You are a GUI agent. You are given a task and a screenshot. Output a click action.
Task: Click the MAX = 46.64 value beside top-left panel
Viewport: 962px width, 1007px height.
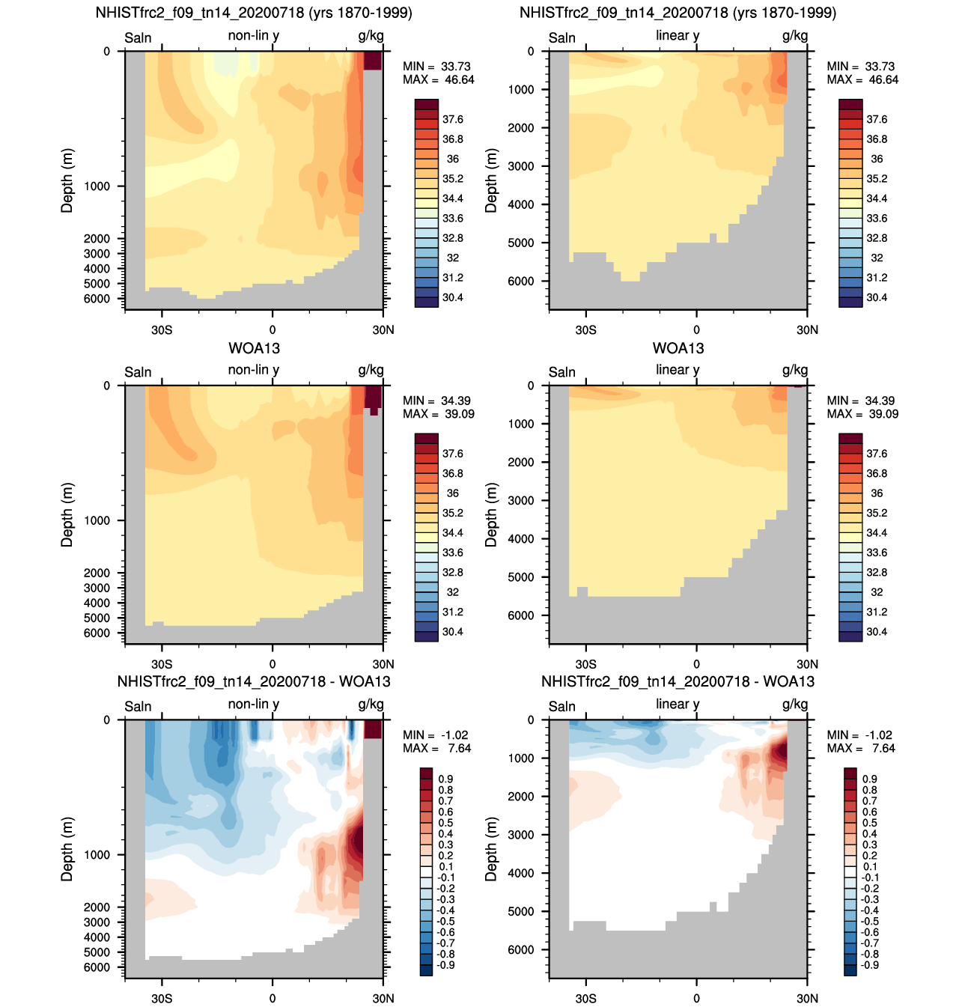pyautogui.click(x=438, y=79)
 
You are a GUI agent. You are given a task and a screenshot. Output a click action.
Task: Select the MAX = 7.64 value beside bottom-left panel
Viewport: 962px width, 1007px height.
pyautogui.click(x=436, y=748)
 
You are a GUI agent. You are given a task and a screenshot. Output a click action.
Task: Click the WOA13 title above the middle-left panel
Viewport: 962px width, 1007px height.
pyautogui.click(x=254, y=348)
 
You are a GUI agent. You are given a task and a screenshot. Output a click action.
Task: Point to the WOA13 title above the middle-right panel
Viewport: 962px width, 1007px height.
pyautogui.click(x=678, y=348)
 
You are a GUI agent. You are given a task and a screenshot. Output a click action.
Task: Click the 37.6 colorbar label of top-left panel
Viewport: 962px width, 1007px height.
pyautogui.click(x=452, y=120)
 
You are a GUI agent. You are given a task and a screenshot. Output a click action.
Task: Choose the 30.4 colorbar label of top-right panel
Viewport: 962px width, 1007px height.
pyautogui.click(x=877, y=297)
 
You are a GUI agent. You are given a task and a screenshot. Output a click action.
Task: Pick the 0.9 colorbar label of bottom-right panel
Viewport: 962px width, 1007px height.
pyautogui.click(x=869, y=779)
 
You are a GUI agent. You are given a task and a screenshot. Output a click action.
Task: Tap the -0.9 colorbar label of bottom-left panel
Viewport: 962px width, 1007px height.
pyautogui.click(x=445, y=965)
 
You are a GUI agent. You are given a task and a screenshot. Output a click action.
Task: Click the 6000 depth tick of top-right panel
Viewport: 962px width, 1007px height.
pyautogui.click(x=520, y=281)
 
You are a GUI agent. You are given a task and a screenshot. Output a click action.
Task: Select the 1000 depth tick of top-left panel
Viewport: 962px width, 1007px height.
pyautogui.click(x=97, y=186)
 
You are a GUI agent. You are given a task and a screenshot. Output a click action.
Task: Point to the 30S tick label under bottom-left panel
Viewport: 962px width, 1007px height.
pyautogui.click(x=162, y=999)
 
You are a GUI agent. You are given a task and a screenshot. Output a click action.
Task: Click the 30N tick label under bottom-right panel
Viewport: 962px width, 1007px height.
pyautogui.click(x=807, y=999)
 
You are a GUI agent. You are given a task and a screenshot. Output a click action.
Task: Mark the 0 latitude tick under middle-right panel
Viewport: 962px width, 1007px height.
pyautogui.click(x=696, y=664)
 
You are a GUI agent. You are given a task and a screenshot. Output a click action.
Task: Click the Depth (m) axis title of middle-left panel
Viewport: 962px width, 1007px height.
pyautogui.click(x=67, y=515)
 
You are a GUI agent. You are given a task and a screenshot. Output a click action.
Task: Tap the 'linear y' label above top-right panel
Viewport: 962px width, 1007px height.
pyautogui.click(x=678, y=36)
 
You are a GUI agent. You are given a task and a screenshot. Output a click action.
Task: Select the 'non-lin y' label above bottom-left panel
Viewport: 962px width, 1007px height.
pyautogui.click(x=254, y=705)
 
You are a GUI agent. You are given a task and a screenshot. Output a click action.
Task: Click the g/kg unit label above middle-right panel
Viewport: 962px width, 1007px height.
pyautogui.click(x=795, y=371)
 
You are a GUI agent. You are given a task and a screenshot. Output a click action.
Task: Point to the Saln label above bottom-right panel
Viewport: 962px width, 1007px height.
pyautogui.click(x=562, y=707)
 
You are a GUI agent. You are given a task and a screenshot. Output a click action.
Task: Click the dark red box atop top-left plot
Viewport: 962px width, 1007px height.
pyautogui.click(x=373, y=61)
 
